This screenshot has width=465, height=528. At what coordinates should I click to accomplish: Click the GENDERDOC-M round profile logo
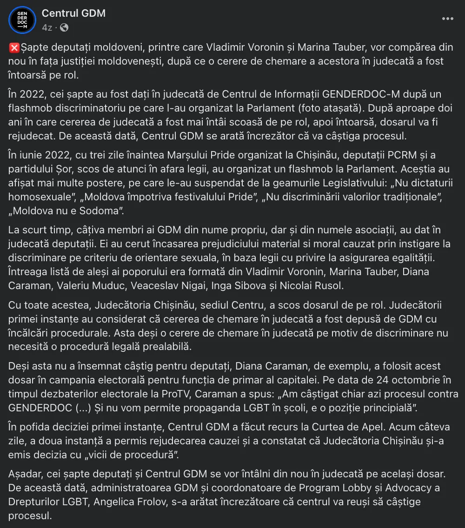(x=22, y=20)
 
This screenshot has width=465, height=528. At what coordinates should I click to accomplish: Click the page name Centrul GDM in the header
(x=73, y=13)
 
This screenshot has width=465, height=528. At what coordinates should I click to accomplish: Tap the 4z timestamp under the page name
(x=46, y=27)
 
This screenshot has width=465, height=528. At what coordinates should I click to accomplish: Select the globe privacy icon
(x=64, y=27)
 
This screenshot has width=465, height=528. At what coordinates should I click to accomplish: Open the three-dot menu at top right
(x=447, y=19)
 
